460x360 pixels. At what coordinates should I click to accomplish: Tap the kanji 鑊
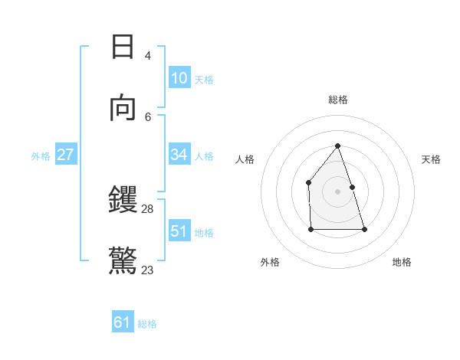point(123,201)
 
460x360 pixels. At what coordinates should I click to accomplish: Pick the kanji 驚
point(123,261)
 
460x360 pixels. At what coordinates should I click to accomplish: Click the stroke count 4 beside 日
point(148,55)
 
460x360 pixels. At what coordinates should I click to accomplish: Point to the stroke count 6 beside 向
point(148,116)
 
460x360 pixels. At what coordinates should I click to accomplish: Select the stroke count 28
point(148,208)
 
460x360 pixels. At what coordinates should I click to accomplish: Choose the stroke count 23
point(148,270)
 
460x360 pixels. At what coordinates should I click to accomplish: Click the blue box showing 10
point(179,78)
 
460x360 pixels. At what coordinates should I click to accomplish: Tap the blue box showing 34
point(179,155)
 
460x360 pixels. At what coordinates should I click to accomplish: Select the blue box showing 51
point(179,231)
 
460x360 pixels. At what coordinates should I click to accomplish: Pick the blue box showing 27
point(65,155)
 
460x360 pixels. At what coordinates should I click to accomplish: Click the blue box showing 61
point(123,322)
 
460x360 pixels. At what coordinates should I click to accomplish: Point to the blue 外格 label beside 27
point(41,156)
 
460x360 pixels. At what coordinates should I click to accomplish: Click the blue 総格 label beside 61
point(147,324)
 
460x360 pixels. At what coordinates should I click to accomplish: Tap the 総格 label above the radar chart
point(337,100)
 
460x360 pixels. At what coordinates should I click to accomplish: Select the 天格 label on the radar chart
point(431,159)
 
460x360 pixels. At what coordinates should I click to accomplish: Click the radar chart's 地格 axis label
point(402,262)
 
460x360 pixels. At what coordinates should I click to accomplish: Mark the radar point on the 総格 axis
point(337,146)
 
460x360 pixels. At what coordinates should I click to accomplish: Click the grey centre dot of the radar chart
point(337,191)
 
